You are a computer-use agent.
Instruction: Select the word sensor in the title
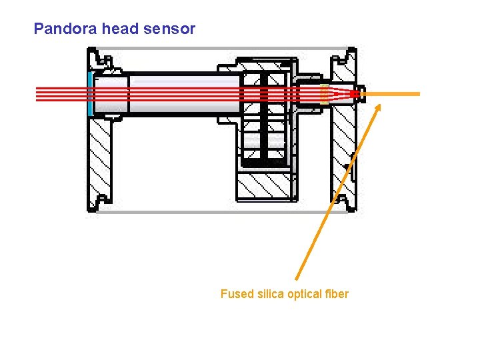tap(173, 29)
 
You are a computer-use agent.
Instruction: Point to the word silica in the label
tap(270, 294)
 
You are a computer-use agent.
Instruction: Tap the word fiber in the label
tap(338, 294)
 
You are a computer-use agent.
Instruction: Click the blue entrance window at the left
tap(90, 94)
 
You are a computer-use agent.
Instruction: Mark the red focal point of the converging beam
tap(355, 95)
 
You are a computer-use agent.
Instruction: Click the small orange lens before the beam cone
tap(324, 94)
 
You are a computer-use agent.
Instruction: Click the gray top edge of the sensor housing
tap(220, 49)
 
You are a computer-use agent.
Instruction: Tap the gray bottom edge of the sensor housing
tap(220, 212)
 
